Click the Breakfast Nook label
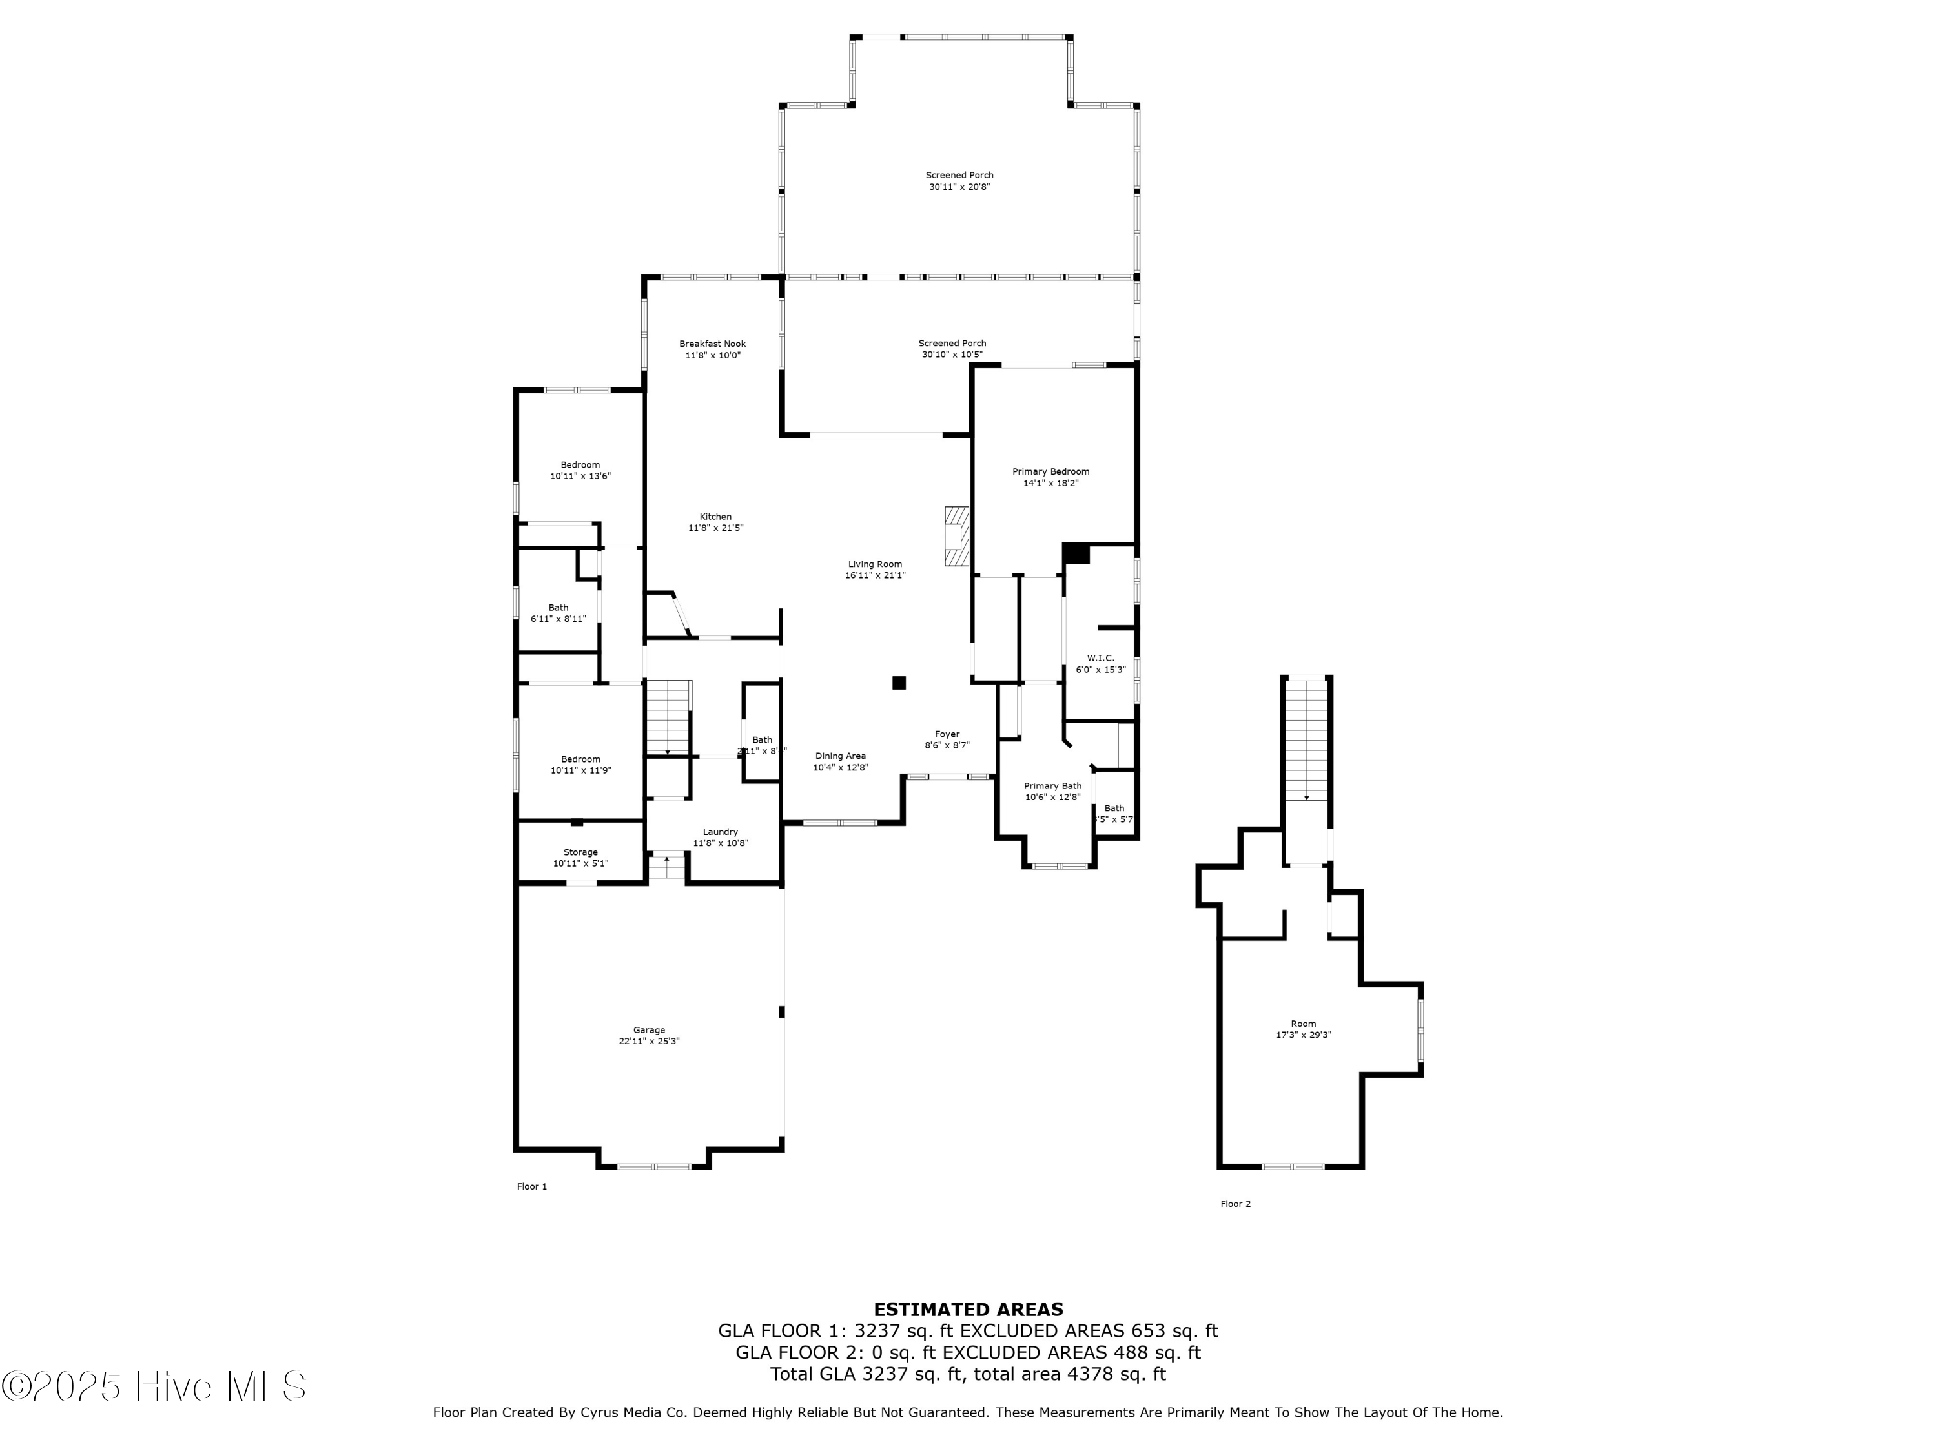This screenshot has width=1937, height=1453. tap(712, 344)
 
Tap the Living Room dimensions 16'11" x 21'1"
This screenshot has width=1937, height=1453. tap(875, 575)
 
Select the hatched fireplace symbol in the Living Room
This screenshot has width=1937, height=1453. tap(956, 536)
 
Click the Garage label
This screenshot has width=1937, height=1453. tap(649, 1030)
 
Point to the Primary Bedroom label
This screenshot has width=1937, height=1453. tap(1050, 472)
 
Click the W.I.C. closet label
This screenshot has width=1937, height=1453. tap(1101, 658)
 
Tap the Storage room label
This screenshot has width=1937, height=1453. tap(580, 852)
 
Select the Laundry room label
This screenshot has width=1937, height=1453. tap(720, 832)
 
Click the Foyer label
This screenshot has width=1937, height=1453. tap(947, 734)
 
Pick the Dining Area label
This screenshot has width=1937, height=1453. tap(840, 756)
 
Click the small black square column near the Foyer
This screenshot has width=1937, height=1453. tap(899, 683)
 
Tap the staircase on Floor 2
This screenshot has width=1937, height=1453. tap(1307, 740)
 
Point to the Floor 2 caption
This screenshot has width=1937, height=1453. tap(1236, 1203)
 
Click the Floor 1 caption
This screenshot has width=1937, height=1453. tap(531, 1186)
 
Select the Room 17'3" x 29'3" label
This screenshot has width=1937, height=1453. tap(1303, 1029)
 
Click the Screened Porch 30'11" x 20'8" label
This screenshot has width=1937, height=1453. tap(959, 180)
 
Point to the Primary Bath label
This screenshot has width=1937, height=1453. tap(1052, 786)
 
